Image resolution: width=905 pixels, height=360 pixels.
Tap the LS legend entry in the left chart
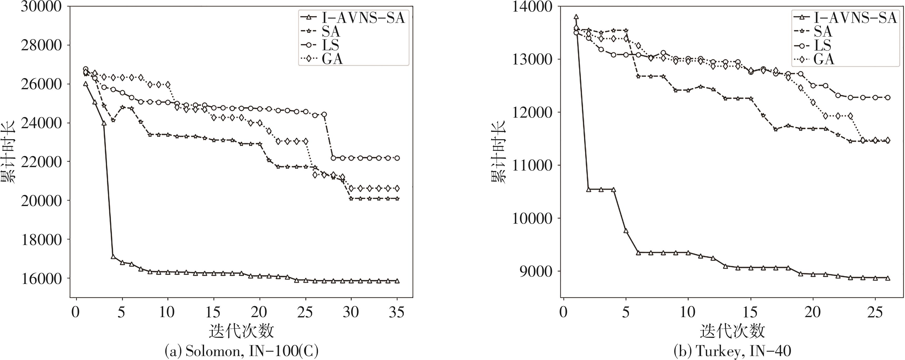tap(330, 45)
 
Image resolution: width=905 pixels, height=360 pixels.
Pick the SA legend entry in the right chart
tap(822, 31)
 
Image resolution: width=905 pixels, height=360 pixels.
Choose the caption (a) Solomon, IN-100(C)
tap(242, 351)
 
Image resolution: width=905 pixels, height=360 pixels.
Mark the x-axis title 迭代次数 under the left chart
tap(241, 331)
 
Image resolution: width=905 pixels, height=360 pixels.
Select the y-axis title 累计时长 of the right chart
tap(498, 152)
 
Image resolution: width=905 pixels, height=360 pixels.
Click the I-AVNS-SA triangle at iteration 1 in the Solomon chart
tap(85, 84)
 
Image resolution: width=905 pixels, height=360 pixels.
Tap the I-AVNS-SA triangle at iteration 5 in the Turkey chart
tap(626, 231)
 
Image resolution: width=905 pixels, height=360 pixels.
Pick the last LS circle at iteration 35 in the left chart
tap(397, 158)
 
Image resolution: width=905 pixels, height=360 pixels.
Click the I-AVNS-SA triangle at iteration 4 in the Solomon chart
tap(113, 256)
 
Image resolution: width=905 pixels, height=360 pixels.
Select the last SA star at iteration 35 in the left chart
tap(397, 198)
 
